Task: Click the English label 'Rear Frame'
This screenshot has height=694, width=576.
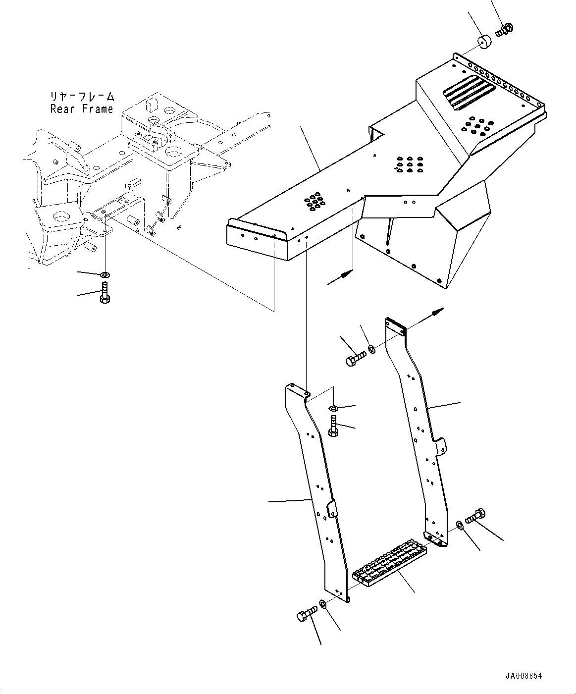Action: pyautogui.click(x=82, y=109)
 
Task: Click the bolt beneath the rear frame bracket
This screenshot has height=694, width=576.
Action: pyautogui.click(x=105, y=292)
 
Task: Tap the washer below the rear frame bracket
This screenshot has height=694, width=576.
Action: pyautogui.click(x=105, y=274)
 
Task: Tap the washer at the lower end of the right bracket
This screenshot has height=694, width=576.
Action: pyautogui.click(x=460, y=524)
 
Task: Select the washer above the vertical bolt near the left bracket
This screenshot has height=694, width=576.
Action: pyautogui.click(x=333, y=408)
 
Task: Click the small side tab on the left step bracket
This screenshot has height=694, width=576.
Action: pyautogui.click(x=331, y=509)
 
